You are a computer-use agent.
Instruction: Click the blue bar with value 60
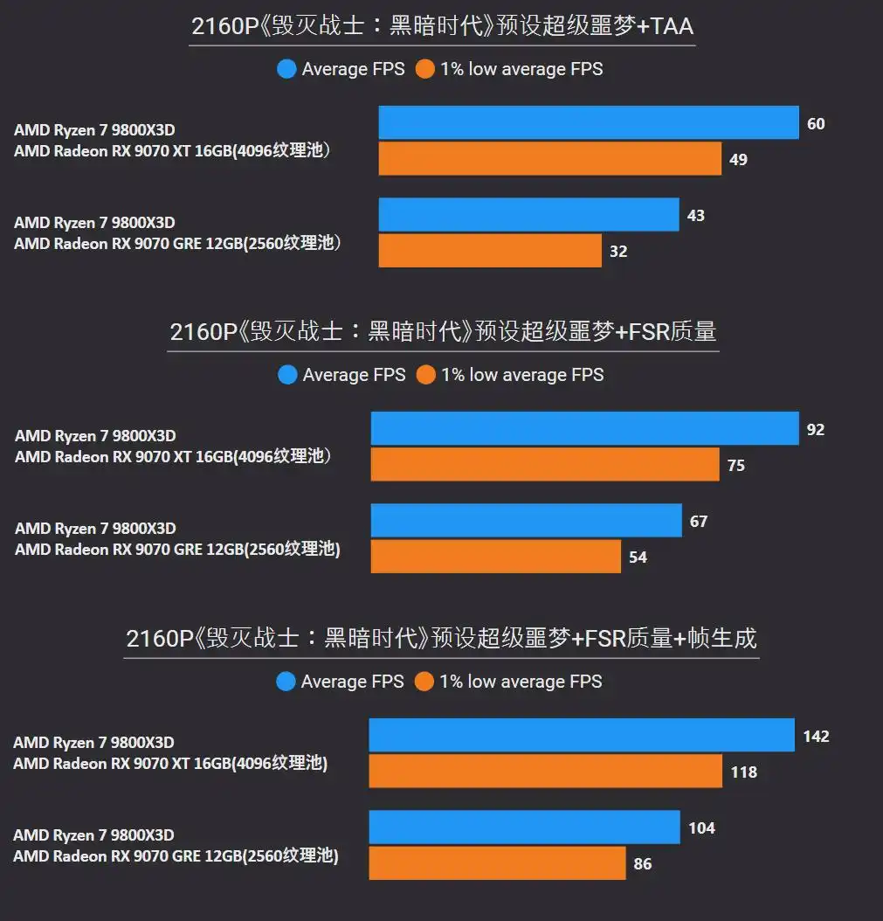[589, 122]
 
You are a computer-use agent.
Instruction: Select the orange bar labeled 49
[550, 159]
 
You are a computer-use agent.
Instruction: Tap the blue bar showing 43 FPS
[528, 215]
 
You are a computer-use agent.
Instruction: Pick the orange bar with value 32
[490, 251]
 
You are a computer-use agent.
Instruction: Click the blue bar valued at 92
[584, 428]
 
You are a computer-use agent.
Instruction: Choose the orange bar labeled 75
[545, 464]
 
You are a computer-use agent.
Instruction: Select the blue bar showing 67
[526, 520]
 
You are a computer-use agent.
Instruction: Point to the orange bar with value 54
[496, 556]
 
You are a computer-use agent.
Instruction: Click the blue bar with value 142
[582, 735]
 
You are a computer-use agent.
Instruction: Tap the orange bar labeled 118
[545, 771]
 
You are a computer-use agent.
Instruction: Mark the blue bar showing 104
[524, 827]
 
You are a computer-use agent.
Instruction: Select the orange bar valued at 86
[497, 862]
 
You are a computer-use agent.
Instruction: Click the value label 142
[816, 737]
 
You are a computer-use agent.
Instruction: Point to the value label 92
[815, 430]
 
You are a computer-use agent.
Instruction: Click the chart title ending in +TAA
[442, 27]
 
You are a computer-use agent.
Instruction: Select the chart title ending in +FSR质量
[443, 332]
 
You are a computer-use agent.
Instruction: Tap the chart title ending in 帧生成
[441, 639]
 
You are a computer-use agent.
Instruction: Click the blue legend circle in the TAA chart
[286, 69]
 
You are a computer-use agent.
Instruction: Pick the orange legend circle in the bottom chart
[424, 682]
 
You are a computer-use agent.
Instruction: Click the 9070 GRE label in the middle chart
[177, 550]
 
